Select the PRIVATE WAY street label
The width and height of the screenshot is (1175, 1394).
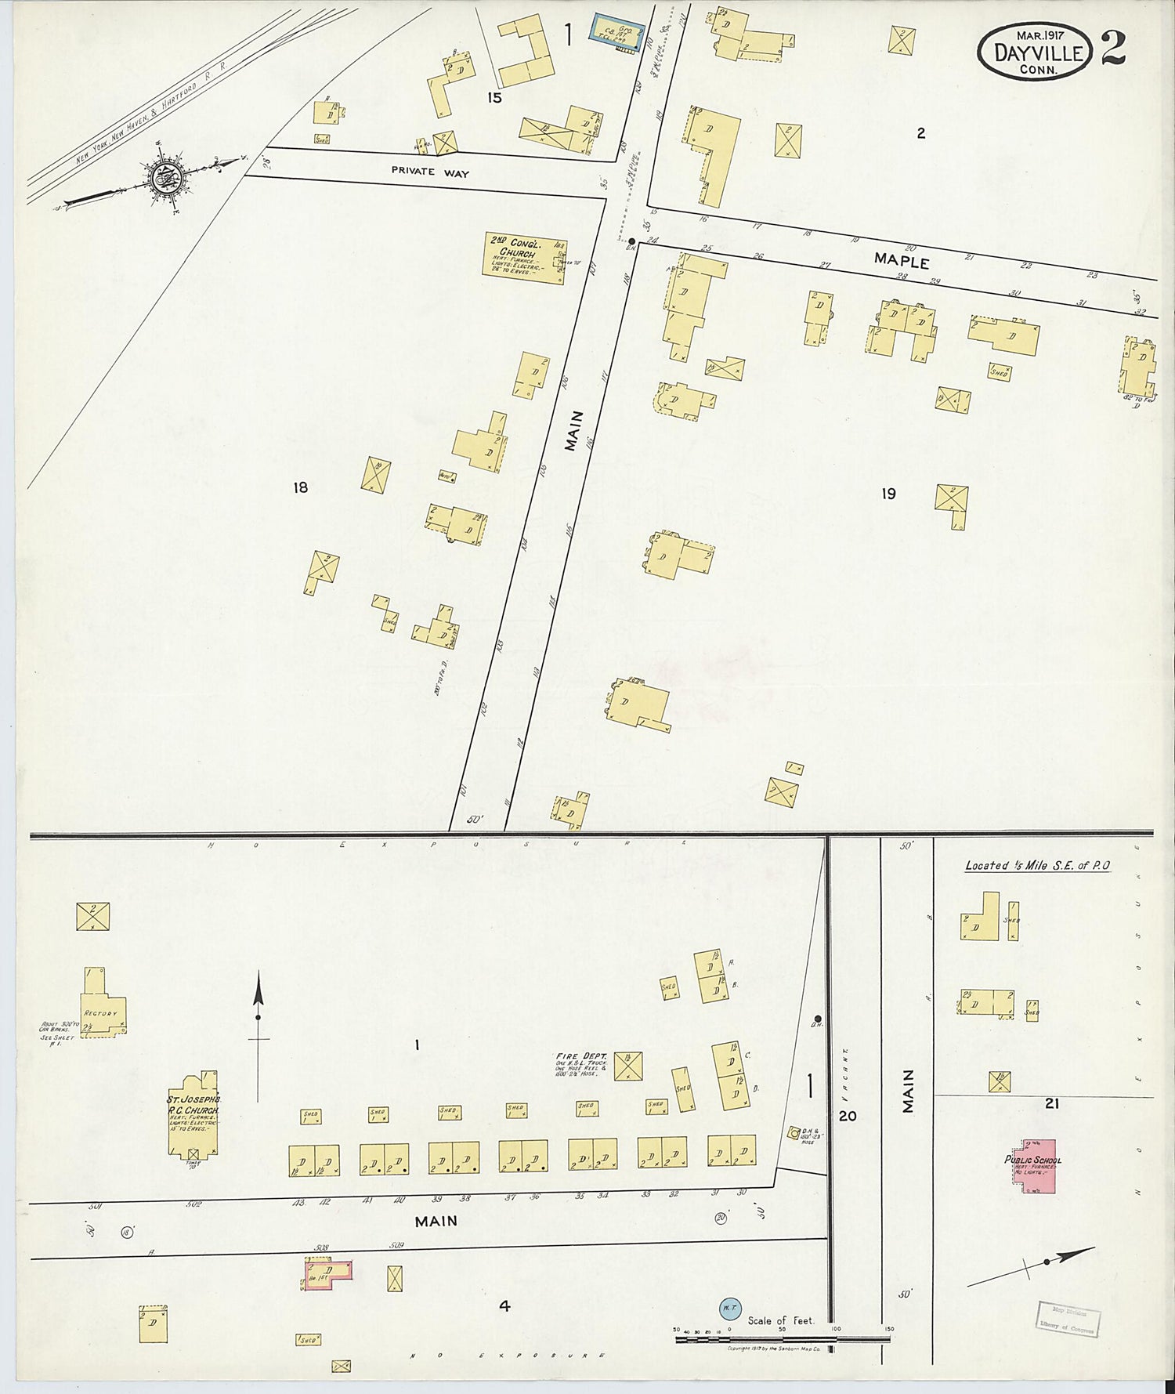pos(430,172)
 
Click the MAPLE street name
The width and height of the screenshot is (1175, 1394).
pos(902,262)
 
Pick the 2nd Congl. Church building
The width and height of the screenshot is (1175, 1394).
pos(523,260)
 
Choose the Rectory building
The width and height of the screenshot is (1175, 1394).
pos(102,1005)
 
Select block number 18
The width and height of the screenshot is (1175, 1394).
pos(300,487)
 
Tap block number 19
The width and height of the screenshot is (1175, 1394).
pos(888,494)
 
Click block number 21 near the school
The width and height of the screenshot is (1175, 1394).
pos(1052,1103)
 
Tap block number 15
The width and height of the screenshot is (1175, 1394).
pos(493,98)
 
